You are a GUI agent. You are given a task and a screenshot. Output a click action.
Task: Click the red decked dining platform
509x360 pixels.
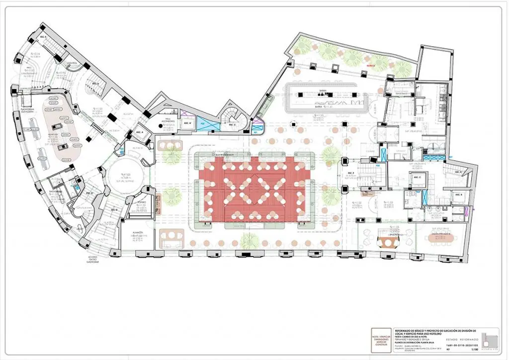coord(254,189)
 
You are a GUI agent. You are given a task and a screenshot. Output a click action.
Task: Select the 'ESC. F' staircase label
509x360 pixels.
coord(350,174)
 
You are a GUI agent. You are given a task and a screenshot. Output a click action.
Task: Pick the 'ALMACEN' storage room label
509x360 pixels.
coord(138,233)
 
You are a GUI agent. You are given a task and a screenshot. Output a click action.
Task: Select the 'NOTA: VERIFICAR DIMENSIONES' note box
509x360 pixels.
coord(381,341)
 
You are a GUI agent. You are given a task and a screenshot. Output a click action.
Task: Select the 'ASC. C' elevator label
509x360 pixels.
coord(417,178)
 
